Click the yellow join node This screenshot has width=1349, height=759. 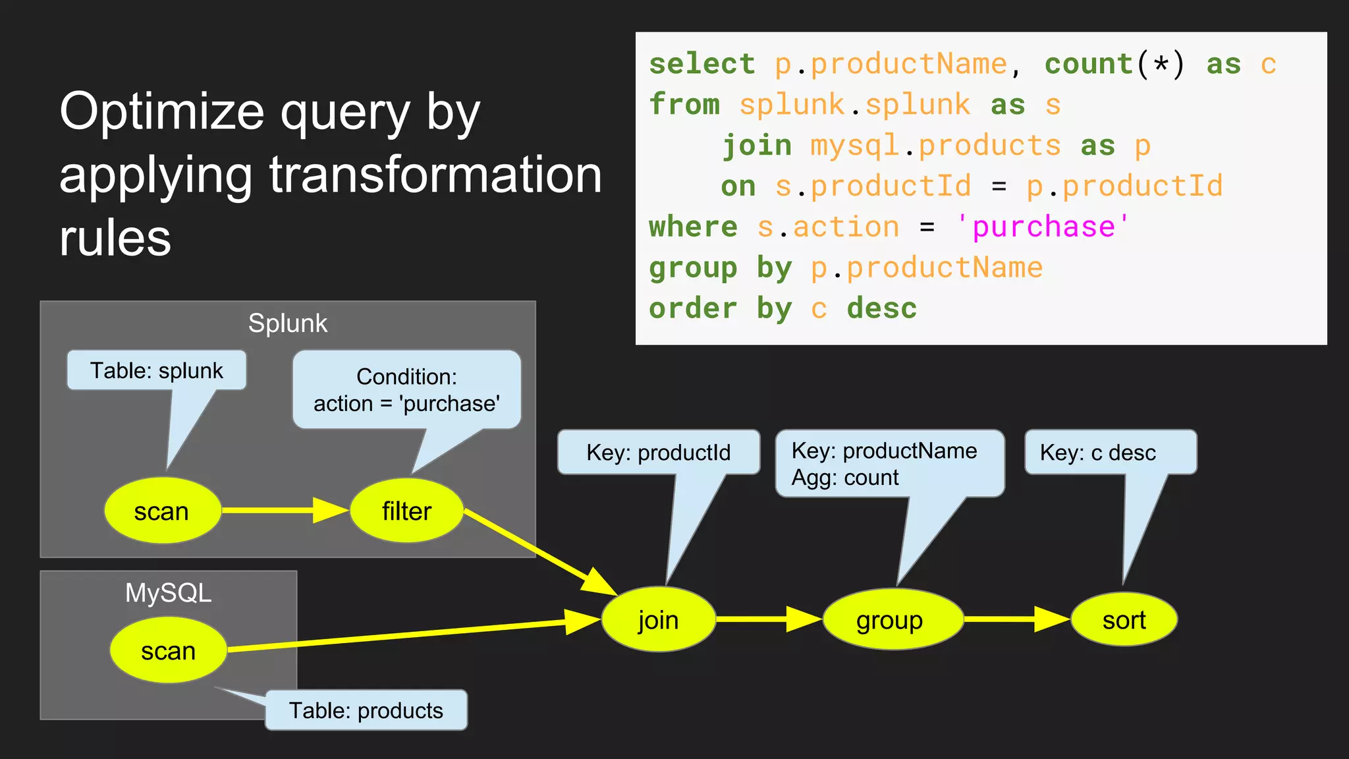tap(658, 619)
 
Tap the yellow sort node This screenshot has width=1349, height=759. tap(1124, 619)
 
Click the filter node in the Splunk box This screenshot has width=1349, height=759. tap(406, 511)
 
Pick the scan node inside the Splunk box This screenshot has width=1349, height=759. tap(162, 511)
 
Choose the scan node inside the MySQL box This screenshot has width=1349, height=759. tap(168, 650)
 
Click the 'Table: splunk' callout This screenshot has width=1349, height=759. tap(157, 370)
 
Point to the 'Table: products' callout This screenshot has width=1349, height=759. tap(366, 710)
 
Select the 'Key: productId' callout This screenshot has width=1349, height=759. tap(658, 453)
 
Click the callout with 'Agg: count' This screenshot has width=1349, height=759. tap(889, 464)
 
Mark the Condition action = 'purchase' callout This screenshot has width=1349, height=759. tap(406, 390)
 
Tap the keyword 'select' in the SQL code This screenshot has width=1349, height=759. tap(702, 65)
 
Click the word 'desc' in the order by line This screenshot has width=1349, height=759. tap(881, 308)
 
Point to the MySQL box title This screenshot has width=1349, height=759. tap(168, 593)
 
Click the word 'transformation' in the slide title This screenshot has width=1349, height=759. tap(435, 175)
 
